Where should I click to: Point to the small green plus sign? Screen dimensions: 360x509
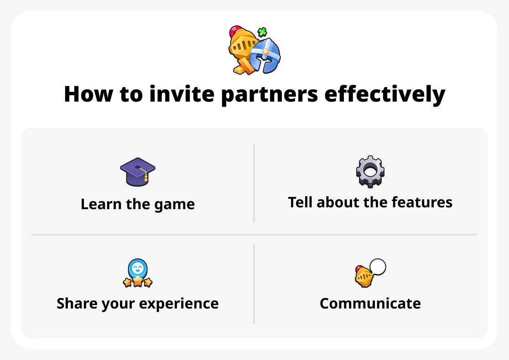tap(262, 32)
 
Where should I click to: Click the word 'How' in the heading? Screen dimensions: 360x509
tap(86, 94)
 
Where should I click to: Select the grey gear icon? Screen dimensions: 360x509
tap(370, 172)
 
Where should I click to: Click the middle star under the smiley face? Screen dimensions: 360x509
tap(137, 281)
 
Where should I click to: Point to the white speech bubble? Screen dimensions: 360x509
tap(378, 267)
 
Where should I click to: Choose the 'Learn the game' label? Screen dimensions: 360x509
tap(137, 204)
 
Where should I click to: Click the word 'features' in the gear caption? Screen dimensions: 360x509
tap(422, 202)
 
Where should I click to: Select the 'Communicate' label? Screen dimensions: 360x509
tap(370, 303)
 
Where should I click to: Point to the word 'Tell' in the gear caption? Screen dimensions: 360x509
tap(300, 202)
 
